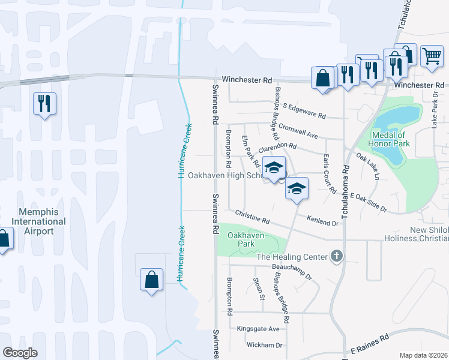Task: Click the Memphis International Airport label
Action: (x=42, y=221)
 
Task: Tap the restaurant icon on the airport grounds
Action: (x=44, y=104)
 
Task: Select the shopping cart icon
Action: (x=432, y=57)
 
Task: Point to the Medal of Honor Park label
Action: (x=392, y=139)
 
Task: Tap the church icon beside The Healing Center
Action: (x=337, y=257)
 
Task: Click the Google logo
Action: (x=20, y=353)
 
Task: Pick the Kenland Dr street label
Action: (x=323, y=221)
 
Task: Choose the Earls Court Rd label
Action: (x=330, y=173)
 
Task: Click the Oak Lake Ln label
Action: (x=367, y=167)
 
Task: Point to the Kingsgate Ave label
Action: (x=258, y=329)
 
